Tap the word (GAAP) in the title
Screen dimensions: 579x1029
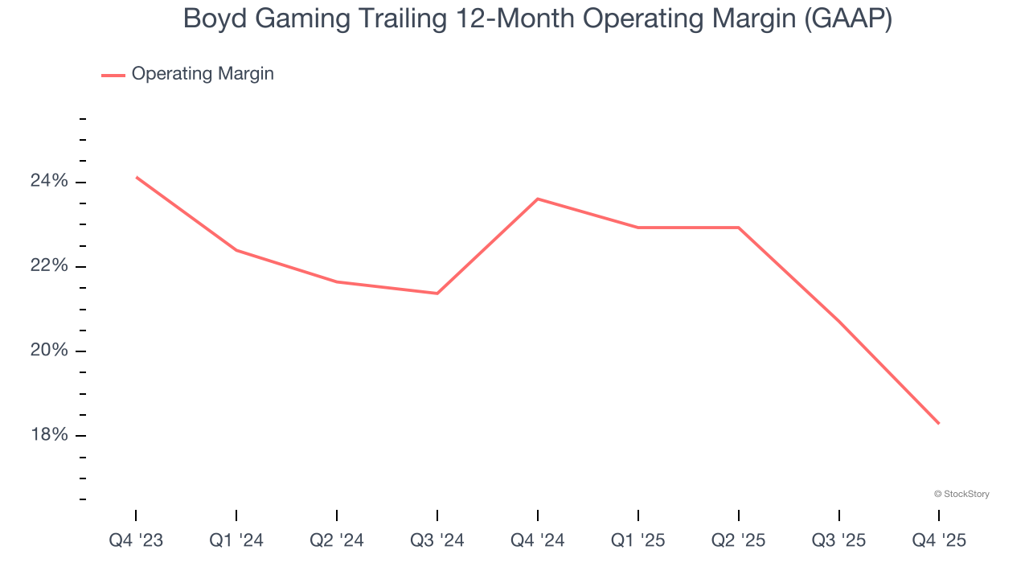(849, 18)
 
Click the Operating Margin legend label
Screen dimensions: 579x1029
(203, 74)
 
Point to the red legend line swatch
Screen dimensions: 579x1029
(113, 75)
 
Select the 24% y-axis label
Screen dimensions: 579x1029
(49, 182)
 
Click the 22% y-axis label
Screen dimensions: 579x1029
(49, 266)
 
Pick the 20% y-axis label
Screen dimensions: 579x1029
(49, 351)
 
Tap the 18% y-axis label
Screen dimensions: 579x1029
(49, 435)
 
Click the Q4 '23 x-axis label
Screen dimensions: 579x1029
(136, 540)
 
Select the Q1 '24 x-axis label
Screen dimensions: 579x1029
(236, 540)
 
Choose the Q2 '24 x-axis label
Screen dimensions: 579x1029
(337, 540)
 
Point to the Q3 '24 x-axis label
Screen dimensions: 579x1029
(437, 540)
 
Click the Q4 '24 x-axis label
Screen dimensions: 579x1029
(537, 540)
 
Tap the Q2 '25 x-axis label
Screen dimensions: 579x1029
(739, 540)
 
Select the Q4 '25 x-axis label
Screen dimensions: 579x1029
(939, 540)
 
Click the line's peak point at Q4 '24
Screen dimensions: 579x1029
(537, 199)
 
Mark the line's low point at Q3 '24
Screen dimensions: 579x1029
(437, 294)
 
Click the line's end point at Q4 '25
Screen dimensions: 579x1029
(939, 424)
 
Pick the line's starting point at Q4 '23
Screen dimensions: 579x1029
(137, 177)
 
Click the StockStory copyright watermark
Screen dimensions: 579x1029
(961, 494)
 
